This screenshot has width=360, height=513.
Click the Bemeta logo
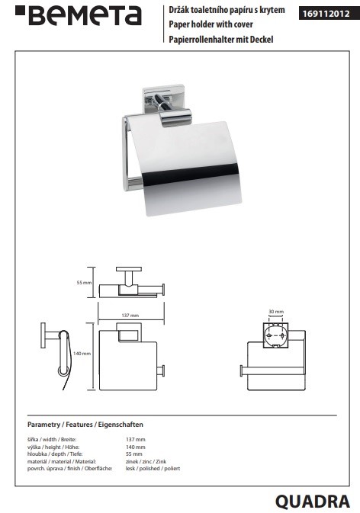[79, 16]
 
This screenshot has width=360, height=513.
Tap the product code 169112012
[326, 14]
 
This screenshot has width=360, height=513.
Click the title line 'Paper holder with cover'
[211, 24]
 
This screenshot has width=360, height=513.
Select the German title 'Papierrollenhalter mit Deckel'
[221, 40]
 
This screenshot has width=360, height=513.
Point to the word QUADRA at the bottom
[313, 502]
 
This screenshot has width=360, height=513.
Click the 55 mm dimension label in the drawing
[84, 283]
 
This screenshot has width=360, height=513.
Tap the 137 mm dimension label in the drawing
[130, 316]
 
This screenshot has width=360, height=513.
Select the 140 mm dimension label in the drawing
[82, 354]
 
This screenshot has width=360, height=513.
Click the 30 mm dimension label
[276, 312]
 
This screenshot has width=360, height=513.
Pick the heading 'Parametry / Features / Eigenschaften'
[85, 425]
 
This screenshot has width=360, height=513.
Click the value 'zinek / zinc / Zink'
[146, 462]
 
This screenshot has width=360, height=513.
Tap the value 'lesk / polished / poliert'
[153, 469]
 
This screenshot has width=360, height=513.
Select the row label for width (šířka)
[52, 440]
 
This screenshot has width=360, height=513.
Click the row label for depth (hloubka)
[55, 454]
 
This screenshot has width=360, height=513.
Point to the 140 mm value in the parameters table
[136, 447]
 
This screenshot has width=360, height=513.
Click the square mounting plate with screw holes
[276, 336]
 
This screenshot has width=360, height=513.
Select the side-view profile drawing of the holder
[55, 356]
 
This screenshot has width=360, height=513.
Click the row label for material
[62, 462]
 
